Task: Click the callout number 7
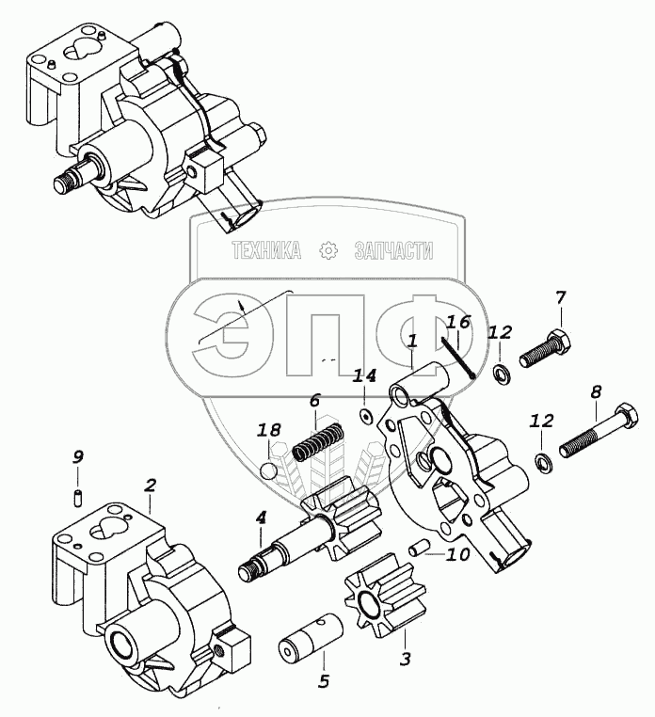[x=561, y=299]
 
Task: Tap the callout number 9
[x=78, y=457]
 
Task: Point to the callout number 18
[x=269, y=431]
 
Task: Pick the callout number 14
[x=364, y=376]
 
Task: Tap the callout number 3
[x=406, y=660]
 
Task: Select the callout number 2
[x=150, y=486]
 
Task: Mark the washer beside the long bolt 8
[x=543, y=461]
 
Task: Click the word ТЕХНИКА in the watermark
[x=266, y=250]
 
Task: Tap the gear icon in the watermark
[x=327, y=250]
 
